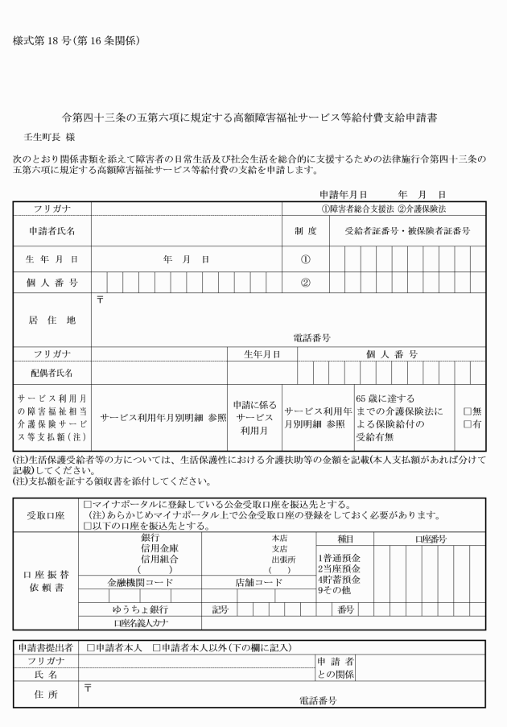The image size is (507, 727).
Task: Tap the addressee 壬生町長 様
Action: (48, 138)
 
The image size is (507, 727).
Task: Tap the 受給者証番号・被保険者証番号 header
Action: (406, 231)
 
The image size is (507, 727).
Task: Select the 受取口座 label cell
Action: (47, 514)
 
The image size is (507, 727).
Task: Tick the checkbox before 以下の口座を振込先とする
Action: (88, 527)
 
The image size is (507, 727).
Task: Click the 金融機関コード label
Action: (141, 581)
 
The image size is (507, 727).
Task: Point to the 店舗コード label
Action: (259, 581)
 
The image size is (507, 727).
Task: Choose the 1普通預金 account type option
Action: (338, 557)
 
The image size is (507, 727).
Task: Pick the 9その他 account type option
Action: (335, 589)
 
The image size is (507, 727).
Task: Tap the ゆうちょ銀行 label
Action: (141, 609)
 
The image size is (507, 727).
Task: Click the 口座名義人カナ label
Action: (141, 623)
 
